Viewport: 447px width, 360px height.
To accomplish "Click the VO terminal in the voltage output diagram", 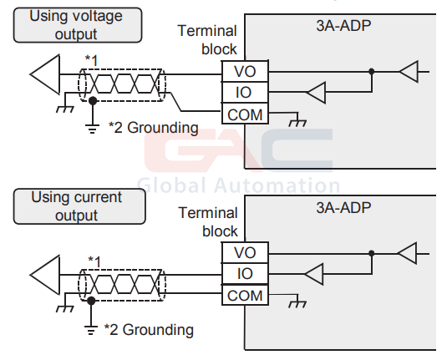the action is pos(245,71).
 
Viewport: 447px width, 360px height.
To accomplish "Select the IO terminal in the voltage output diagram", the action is pos(245,93).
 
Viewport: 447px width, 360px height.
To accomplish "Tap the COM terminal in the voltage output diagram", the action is pos(245,114).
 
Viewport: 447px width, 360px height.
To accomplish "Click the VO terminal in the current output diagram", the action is pos(245,252).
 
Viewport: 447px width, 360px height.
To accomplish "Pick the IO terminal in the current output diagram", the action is pos(245,274).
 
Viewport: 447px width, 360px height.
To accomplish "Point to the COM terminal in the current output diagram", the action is pos(245,295).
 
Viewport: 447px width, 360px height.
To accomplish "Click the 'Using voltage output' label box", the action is pos(78,25).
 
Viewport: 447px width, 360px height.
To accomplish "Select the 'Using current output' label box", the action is pos(79,206).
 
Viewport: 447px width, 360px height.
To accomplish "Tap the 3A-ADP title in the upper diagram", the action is pos(343,26).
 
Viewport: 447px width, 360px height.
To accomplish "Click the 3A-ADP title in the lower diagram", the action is pos(343,207).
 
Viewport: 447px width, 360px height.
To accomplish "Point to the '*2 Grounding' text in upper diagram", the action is pos(154,128).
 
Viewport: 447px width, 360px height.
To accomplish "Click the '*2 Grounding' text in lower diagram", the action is pos(149,329).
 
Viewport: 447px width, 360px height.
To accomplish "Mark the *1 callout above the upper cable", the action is pos(92,60).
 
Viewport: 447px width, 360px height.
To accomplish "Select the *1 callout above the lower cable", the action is pos(94,261).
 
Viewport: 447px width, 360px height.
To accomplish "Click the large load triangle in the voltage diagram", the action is pos(45,74).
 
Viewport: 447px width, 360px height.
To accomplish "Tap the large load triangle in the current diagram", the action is pos(45,275).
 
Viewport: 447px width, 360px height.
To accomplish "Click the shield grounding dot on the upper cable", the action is pos(93,101).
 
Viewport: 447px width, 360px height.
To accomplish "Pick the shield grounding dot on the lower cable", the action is pos(91,301).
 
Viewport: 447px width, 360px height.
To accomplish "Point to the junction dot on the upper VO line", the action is pos(372,72).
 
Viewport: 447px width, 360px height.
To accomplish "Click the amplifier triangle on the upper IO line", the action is pos(316,93).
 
